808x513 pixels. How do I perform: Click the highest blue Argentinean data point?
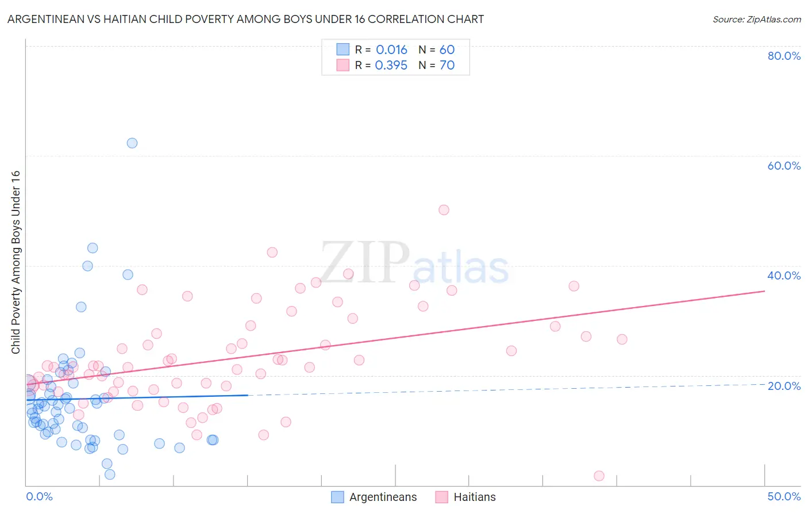pos(132,143)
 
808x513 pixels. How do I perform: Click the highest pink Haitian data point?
pos(444,210)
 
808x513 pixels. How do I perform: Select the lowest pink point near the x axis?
pos(599,476)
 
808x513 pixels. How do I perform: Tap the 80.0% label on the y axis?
pos(784,56)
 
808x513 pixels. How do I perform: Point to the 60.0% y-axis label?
pos(784,166)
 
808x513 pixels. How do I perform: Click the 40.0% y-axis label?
pos(784,275)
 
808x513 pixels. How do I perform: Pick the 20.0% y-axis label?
pos(784,386)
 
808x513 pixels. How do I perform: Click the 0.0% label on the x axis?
pos(39,496)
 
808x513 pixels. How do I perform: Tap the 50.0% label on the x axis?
pos(784,496)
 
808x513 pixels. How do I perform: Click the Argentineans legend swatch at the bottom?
pos(338,497)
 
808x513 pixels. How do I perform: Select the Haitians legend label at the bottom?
pos(474,497)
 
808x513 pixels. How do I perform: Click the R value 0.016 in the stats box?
pos(391,50)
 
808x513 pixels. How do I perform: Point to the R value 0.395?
pos(391,66)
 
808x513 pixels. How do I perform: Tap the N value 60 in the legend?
pos(447,50)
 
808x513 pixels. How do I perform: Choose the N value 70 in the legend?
pos(447,66)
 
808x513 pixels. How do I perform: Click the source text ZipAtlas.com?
pos(757,20)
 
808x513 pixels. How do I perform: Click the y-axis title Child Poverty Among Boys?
pos(16,262)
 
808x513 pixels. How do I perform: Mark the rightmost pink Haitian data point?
pos(622,339)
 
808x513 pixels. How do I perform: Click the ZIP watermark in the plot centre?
pos(365,263)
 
